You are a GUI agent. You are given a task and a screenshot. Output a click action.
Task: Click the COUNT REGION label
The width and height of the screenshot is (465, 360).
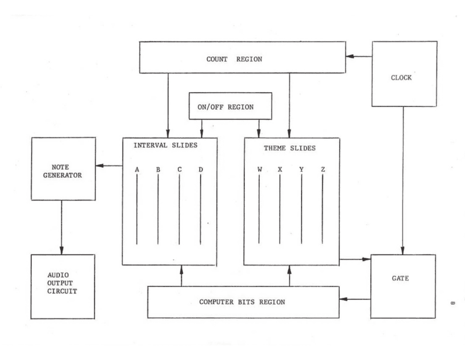click(234, 59)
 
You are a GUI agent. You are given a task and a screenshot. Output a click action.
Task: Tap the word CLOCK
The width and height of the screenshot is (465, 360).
click(401, 78)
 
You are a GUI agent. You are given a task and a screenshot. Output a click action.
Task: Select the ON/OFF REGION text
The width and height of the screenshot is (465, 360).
click(225, 107)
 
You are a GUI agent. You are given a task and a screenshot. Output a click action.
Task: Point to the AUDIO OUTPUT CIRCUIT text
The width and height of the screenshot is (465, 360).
click(62, 283)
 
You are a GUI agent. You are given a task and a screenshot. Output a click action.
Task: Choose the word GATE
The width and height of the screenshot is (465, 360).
click(400, 278)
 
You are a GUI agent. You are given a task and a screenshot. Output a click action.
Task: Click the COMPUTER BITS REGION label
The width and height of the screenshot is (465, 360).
click(242, 302)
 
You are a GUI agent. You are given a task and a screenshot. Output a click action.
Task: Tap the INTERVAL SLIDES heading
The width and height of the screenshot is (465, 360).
click(165, 145)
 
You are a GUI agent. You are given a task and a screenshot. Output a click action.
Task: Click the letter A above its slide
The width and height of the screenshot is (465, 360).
click(137, 170)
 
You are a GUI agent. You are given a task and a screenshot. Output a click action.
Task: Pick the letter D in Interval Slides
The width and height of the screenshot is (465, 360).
click(200, 170)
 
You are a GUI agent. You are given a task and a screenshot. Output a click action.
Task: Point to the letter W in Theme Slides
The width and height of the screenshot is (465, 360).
click(259, 170)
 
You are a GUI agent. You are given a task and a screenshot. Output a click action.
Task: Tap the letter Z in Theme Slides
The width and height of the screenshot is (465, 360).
click(322, 170)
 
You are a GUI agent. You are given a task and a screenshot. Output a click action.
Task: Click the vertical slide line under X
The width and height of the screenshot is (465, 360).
click(280, 209)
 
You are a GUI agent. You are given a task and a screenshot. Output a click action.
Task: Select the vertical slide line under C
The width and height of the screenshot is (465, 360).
click(179, 209)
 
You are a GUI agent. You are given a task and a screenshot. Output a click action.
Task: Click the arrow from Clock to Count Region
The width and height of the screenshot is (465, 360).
click(359, 56)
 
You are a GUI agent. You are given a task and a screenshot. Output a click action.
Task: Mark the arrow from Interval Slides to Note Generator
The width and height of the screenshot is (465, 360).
click(109, 165)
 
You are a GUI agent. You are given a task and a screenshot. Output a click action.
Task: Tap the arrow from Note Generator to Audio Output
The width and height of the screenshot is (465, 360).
click(62, 227)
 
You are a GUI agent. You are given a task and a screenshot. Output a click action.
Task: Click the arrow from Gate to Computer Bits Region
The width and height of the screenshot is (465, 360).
click(355, 299)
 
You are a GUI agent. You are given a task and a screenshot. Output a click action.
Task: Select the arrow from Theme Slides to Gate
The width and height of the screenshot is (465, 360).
click(355, 260)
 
